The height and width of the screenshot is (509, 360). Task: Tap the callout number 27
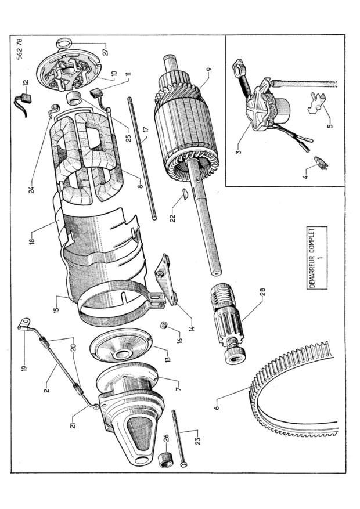pos(106,51)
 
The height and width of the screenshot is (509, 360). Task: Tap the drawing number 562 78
pos(20,49)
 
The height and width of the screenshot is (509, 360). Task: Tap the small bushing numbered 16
pos(164,324)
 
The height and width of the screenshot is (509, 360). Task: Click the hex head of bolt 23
pos(183,465)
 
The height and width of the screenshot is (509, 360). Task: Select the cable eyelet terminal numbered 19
pos(24,323)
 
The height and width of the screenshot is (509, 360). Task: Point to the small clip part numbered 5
pos(317,103)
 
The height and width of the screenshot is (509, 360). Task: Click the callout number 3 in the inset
pos(239,151)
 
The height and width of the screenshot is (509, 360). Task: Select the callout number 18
pos(32,240)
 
